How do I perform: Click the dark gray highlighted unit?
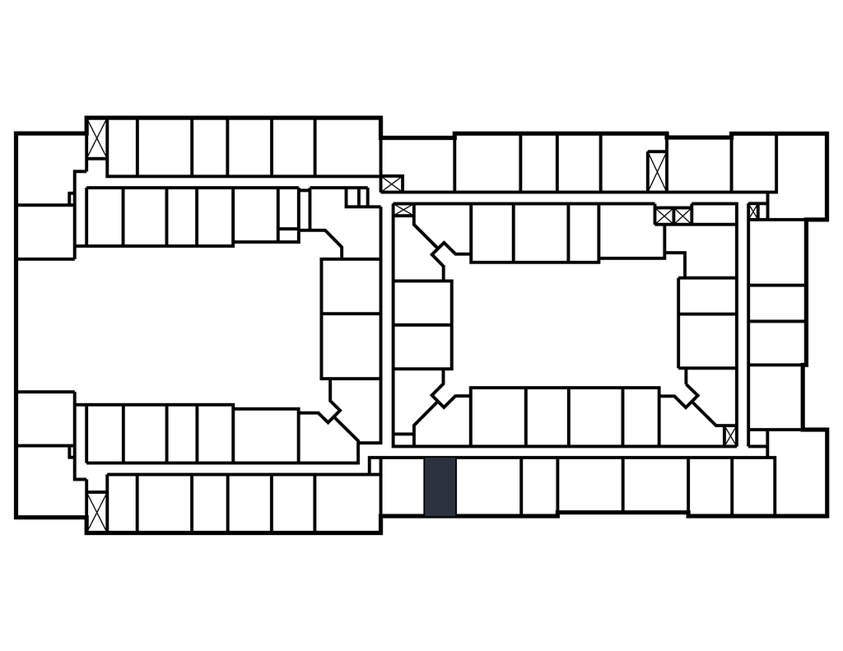[440, 487]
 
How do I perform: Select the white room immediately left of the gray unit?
[403, 487]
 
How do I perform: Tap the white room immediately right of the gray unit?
[488, 487]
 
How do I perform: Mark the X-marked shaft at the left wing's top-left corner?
[97, 139]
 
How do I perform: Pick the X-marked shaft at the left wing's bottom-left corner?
[97, 510]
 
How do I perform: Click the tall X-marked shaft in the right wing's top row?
[656, 171]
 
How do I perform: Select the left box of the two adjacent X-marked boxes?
[664, 216]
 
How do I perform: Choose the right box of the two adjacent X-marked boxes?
[682, 216]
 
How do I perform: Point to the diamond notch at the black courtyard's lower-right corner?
[685, 395]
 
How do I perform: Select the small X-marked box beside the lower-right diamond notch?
[729, 435]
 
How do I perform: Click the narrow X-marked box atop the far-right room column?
[753, 212]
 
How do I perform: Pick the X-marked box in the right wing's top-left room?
[392, 183]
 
